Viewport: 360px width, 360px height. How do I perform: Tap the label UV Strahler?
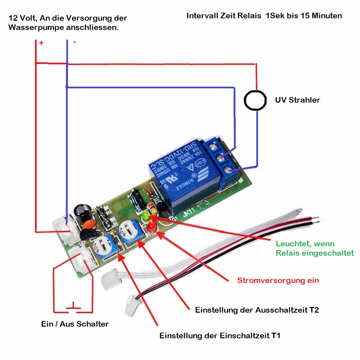pyautogui.click(x=297, y=100)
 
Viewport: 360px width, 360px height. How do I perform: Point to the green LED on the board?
pyautogui.click(x=146, y=216)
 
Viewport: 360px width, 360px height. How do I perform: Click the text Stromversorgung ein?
pyautogui.click(x=278, y=280)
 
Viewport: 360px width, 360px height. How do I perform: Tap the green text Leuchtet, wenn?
pyautogui.click(x=305, y=244)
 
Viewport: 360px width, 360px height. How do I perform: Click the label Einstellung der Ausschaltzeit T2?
pyautogui.click(x=257, y=310)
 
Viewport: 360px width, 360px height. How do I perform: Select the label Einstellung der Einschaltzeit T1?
pyautogui.click(x=220, y=336)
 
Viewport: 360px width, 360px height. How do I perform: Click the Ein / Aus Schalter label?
pyautogui.click(x=75, y=324)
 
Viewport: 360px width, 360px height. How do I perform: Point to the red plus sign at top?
pyautogui.click(x=41, y=43)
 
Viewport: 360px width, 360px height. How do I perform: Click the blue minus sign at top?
pyautogui.click(x=74, y=42)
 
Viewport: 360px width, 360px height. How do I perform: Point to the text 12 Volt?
pyautogui.click(x=22, y=18)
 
